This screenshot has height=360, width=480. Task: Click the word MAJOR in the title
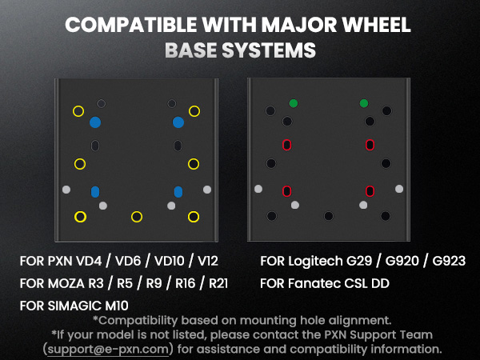click(x=299, y=25)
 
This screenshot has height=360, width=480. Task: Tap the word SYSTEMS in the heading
click(x=269, y=50)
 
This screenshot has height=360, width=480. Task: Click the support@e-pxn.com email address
click(x=108, y=349)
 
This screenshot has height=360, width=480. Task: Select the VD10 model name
click(x=170, y=261)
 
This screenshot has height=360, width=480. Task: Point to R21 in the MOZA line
click(x=218, y=283)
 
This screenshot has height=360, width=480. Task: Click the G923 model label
click(x=449, y=261)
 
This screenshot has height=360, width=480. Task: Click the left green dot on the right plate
click(x=294, y=103)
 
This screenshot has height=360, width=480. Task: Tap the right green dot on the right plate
click(x=364, y=103)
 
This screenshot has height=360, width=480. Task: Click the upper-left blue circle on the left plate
click(x=95, y=122)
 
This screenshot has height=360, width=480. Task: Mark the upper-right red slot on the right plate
click(x=370, y=145)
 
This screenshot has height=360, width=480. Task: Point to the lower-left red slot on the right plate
click(x=287, y=191)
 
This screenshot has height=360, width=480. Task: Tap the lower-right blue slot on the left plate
click(x=178, y=192)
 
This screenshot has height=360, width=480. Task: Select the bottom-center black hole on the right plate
click(x=329, y=216)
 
